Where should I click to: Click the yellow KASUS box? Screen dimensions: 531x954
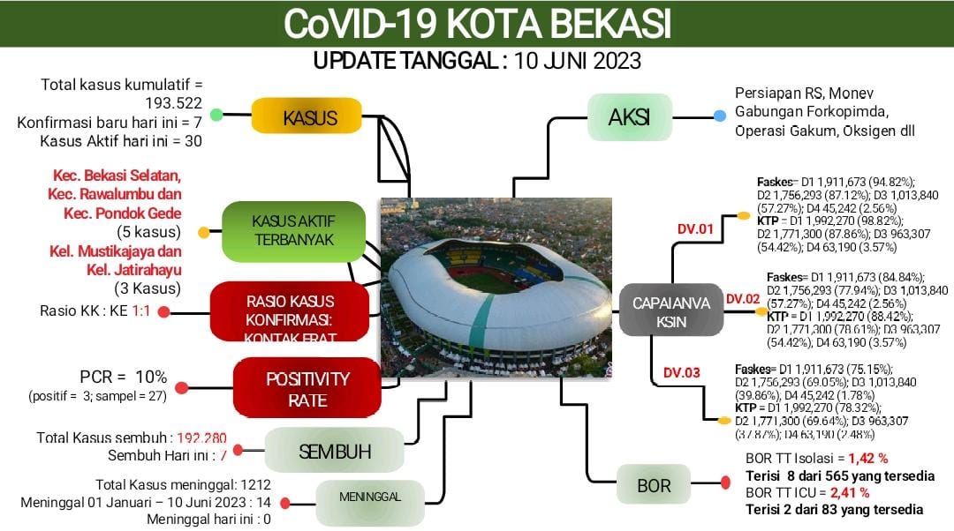(309, 117)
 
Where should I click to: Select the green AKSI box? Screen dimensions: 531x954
(628, 117)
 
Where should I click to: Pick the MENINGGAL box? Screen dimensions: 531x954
(369, 497)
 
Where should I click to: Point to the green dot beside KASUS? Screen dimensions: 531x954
(216, 115)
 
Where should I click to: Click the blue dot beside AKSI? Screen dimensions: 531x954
(720, 116)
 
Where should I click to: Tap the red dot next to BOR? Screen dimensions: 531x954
(725, 482)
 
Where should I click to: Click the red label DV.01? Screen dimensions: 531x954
(694, 230)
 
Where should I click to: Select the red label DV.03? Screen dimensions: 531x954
(681, 372)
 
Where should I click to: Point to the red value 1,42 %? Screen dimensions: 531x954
(868, 459)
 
